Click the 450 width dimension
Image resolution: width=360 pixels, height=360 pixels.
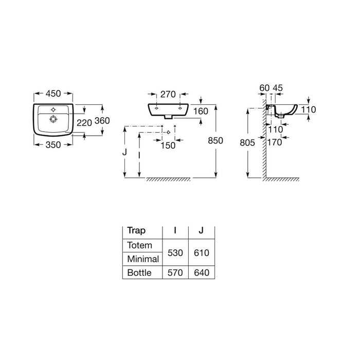coord(53,94)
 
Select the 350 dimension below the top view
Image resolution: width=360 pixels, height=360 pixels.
coord(53,145)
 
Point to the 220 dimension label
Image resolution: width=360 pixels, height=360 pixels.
coord(84,123)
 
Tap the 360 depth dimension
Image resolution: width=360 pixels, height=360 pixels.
coord(102,120)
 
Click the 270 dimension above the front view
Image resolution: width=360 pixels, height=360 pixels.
coord(168,94)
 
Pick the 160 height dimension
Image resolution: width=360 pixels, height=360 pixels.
coord(201,112)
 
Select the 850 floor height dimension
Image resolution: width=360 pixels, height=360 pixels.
coord(215,140)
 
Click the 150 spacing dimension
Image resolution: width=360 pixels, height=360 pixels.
coord(168,146)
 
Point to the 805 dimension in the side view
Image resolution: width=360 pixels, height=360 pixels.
coord(247,143)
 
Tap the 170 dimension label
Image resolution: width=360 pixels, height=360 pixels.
coord(275,142)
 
